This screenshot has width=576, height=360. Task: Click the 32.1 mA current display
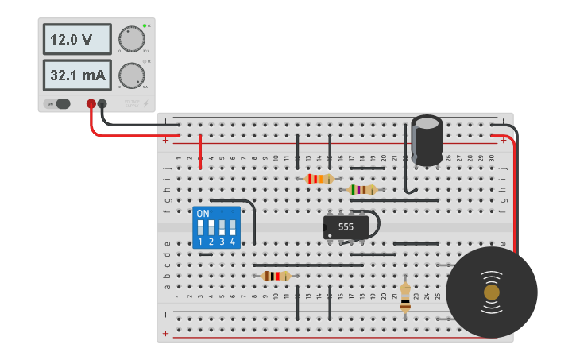[76, 75]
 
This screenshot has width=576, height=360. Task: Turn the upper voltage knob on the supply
[131, 39]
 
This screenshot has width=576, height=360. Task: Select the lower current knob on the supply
[131, 75]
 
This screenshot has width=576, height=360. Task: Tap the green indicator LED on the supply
[145, 26]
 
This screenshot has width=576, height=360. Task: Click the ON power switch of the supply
[57, 103]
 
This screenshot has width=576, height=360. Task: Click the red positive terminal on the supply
[91, 103]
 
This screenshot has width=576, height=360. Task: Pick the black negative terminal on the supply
[102, 103]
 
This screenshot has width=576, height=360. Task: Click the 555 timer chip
[346, 226]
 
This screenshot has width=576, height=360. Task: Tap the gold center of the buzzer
[492, 292]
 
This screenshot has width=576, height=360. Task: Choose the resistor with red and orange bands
[319, 179]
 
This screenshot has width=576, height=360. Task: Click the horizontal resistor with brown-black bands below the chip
[276, 276]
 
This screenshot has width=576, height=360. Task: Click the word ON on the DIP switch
[203, 214]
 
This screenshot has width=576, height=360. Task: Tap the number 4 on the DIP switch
[233, 242]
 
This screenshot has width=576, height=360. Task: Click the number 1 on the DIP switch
[200, 242]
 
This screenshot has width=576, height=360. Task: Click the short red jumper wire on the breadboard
[200, 151]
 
